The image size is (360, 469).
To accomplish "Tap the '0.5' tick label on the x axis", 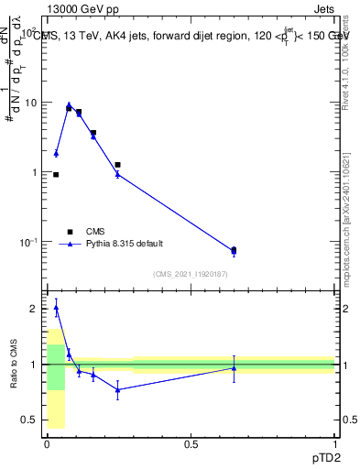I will pos(191,444).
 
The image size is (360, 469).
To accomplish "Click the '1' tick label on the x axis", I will pos(335,444).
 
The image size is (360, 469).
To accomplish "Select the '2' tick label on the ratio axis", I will pos(34,309).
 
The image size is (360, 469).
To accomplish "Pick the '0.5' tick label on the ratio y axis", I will pos(29,420).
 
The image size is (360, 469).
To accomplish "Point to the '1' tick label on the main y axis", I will pos(34,172).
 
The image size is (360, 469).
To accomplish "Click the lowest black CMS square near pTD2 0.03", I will pos(56,174).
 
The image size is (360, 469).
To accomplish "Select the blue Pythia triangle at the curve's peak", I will pos(69,104).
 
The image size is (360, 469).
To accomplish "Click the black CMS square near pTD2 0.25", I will pos(117,165).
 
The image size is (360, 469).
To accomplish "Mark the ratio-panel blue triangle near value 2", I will pos(56,309).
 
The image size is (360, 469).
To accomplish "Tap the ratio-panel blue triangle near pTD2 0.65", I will pos(234,368).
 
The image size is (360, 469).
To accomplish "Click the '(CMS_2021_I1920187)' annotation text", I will pos(191,274).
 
